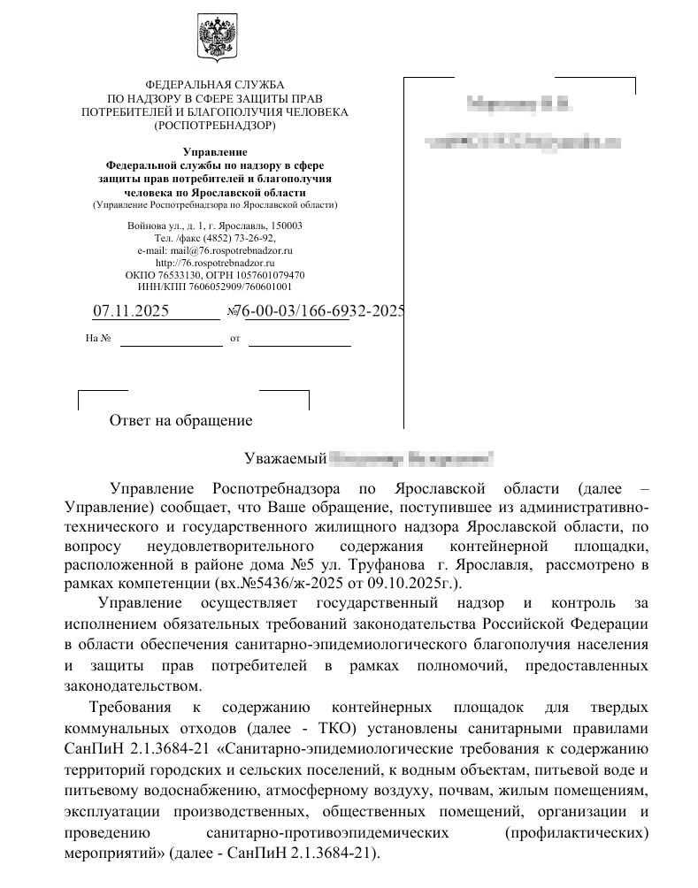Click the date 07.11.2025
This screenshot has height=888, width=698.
130,311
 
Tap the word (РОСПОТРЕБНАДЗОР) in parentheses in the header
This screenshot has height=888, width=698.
214,126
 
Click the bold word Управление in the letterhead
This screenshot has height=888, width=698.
214,152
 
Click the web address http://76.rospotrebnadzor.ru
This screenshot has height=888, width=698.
215,263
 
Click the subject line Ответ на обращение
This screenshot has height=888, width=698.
180,421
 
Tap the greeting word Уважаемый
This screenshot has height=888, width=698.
284,458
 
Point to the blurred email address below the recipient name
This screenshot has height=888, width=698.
522,142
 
